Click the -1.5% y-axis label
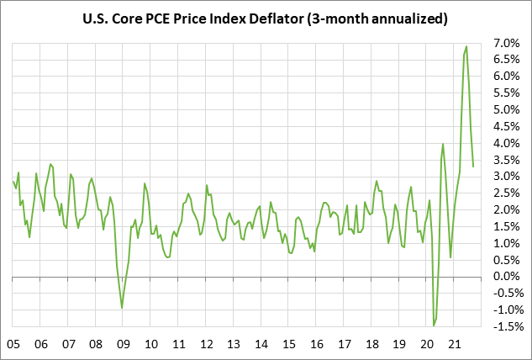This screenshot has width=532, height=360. click(507, 326)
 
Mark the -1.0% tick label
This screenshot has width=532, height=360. click(507, 310)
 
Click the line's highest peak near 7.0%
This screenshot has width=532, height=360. click(466, 46)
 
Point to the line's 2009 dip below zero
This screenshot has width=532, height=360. click(122, 308)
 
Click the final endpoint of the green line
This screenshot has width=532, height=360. click(473, 166)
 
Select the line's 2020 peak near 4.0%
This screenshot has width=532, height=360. click(443, 144)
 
